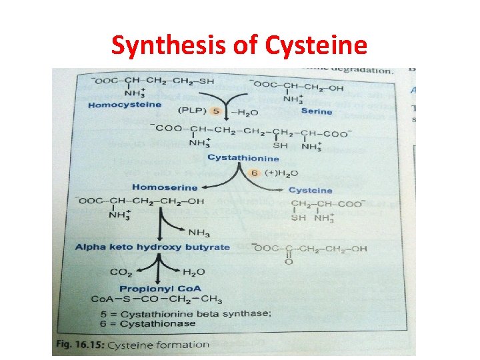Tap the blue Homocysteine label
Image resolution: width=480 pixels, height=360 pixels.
125,105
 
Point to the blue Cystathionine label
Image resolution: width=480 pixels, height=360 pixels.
243,158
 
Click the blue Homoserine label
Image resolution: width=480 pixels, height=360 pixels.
165,187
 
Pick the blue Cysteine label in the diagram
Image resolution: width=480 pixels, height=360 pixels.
310,191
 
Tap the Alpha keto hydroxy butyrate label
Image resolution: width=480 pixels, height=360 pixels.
152,247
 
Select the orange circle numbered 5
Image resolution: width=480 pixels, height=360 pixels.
215,111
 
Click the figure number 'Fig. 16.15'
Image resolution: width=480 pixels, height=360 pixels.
79,345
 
